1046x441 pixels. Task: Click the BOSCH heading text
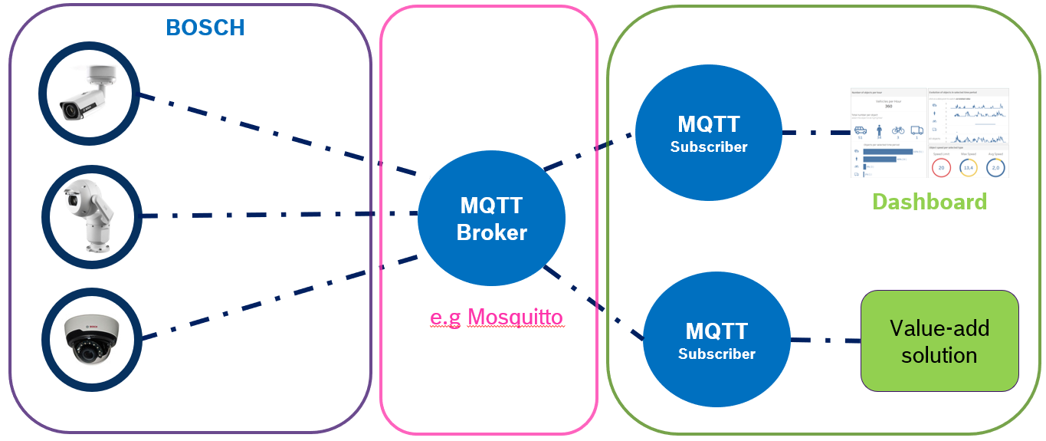click(205, 28)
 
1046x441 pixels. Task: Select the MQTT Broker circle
click(491, 219)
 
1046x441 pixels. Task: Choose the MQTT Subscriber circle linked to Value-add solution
click(716, 341)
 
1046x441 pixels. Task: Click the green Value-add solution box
click(939, 341)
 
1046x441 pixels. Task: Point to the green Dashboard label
click(929, 202)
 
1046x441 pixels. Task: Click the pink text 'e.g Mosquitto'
click(495, 317)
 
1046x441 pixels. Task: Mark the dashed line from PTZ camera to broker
click(276, 215)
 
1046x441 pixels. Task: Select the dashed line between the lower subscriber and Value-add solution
click(824, 341)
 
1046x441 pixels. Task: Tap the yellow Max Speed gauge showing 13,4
click(968, 166)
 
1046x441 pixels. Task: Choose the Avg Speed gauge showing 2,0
click(995, 166)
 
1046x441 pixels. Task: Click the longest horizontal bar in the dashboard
click(887, 151)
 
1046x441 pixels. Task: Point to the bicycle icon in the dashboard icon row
click(899, 131)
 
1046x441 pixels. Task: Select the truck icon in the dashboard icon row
click(916, 131)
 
